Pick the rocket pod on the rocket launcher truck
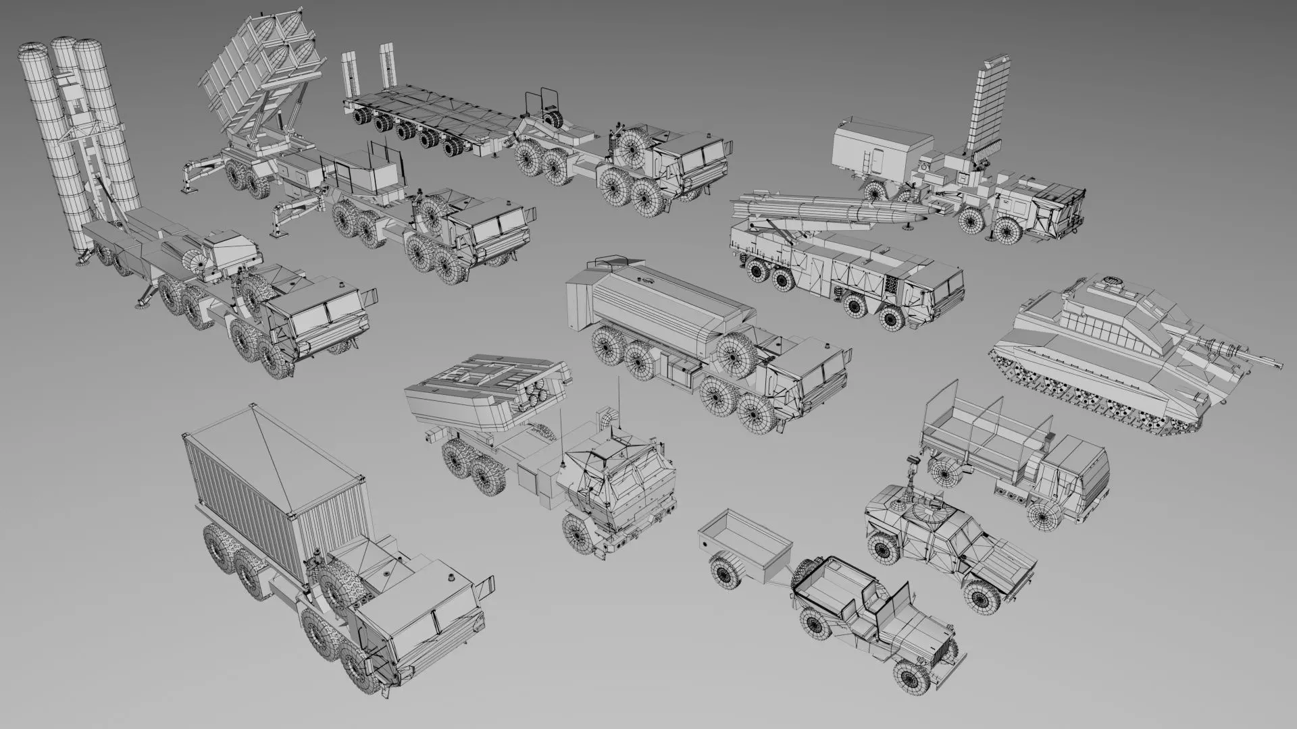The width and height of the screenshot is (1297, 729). click(486, 391)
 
